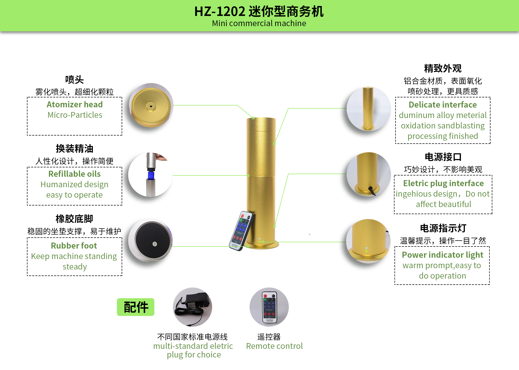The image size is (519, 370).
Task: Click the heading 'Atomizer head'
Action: pyautogui.click(x=75, y=104)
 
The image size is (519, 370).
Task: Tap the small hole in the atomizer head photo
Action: pyautogui.click(x=151, y=106)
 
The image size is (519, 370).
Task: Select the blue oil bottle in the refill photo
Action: pyautogui.click(x=150, y=175)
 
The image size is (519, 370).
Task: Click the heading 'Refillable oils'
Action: pyautogui.click(x=75, y=174)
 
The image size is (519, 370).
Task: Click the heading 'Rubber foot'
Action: pyautogui.click(x=74, y=246)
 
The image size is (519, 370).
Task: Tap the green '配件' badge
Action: pyautogui.click(x=136, y=307)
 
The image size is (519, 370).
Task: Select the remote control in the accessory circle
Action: pyautogui.click(x=269, y=307)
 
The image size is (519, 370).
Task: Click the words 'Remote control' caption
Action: pyautogui.click(x=274, y=346)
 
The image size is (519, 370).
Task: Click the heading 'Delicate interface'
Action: pyautogui.click(x=443, y=105)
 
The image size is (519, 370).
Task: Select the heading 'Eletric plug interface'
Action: pyautogui.click(x=443, y=183)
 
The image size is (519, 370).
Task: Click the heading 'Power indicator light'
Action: pyautogui.click(x=443, y=255)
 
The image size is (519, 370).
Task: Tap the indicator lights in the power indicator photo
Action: pyautogui.click(x=366, y=250)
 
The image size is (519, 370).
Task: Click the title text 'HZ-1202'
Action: pyautogui.click(x=220, y=11)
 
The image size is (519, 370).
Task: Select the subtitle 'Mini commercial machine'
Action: pyautogui.click(x=259, y=24)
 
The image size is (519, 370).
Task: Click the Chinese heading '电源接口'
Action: pyautogui.click(x=443, y=157)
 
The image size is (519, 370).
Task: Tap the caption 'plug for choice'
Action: pyautogui.click(x=194, y=355)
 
